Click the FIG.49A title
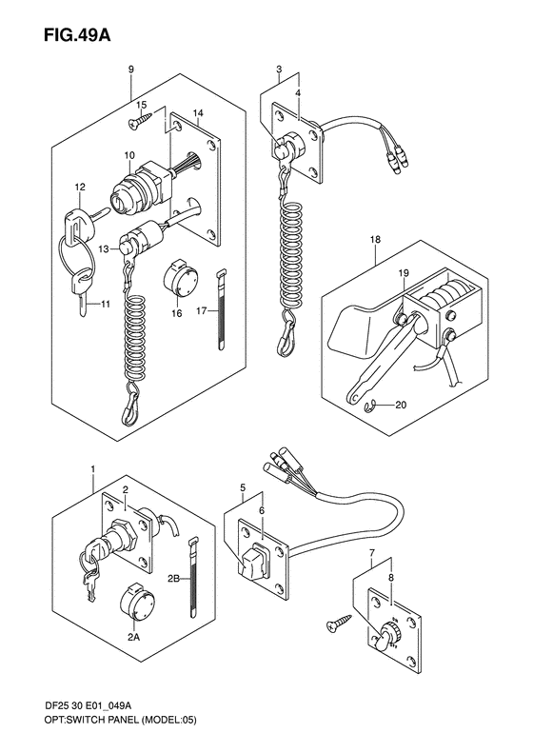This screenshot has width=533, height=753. click(x=77, y=35)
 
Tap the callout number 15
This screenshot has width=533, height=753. click(x=141, y=105)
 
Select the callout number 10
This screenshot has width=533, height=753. click(x=130, y=155)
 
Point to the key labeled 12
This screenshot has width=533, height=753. click(x=84, y=218)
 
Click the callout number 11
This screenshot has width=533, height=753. click(x=106, y=304)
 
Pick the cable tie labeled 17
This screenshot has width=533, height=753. click(x=221, y=309)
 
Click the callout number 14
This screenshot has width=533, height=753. click(x=198, y=113)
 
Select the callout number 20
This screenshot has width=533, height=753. click(x=400, y=405)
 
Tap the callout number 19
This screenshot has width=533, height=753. click(x=403, y=273)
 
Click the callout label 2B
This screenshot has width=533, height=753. click(x=173, y=580)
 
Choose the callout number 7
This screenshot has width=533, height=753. click(x=371, y=555)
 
